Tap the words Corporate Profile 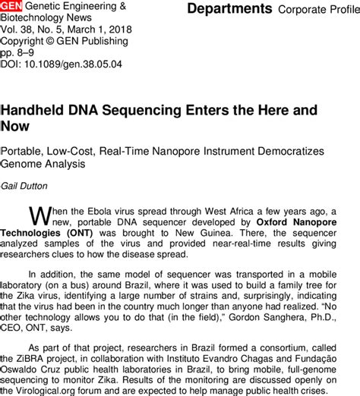(316, 10)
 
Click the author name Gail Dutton (27, 186)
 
